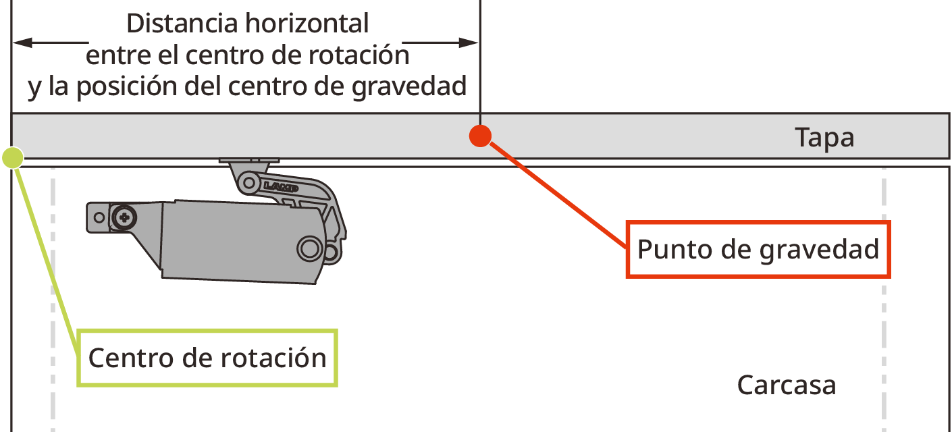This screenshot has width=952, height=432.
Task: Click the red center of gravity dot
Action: click(x=479, y=136)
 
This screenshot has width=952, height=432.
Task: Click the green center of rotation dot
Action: click(x=14, y=158)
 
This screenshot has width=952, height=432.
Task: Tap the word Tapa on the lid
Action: click(x=824, y=138)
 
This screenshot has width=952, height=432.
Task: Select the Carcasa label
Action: click(x=787, y=385)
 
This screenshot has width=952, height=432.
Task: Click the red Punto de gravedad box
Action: click(x=758, y=249)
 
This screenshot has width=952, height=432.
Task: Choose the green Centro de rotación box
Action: click(x=207, y=358)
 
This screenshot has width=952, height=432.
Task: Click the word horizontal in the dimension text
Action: click(x=307, y=24)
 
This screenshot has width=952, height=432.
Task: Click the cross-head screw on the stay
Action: click(x=124, y=217)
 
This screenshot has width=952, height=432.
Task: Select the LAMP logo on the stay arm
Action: click(x=279, y=185)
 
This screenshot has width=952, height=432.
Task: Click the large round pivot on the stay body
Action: click(x=310, y=248)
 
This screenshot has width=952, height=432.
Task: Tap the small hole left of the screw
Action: click(x=99, y=217)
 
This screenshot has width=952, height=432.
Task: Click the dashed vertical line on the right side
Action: click(x=884, y=304)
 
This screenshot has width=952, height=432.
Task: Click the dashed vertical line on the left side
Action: click(x=53, y=304)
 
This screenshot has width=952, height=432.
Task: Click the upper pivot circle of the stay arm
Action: click(x=248, y=181)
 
